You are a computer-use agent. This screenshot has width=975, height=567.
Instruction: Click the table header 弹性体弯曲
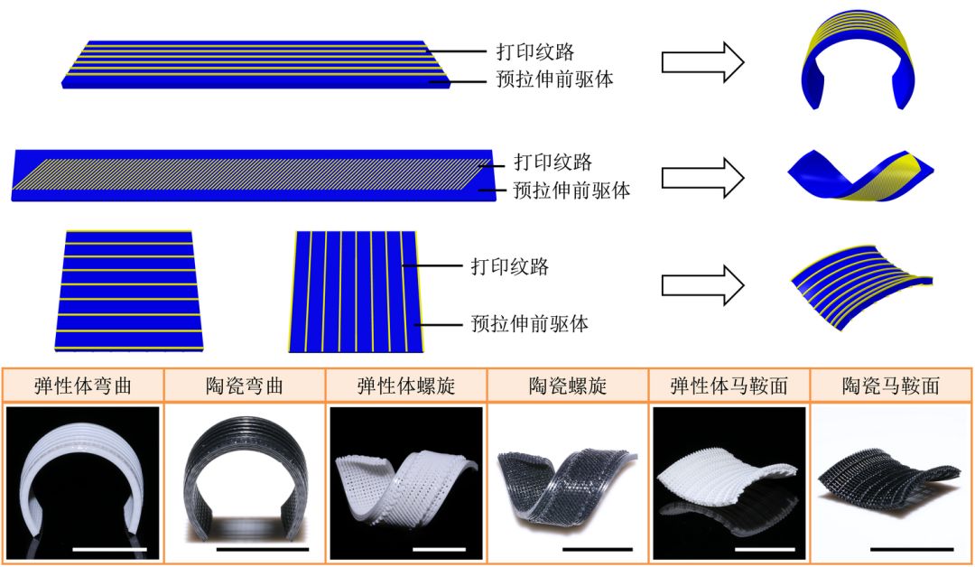pyautogui.click(x=83, y=386)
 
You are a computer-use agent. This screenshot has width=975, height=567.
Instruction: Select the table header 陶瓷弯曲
pyautogui.click(x=244, y=386)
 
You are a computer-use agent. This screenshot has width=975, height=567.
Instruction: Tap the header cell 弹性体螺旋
pyautogui.click(x=406, y=386)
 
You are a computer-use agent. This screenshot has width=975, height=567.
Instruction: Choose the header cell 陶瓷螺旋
pyautogui.click(x=568, y=386)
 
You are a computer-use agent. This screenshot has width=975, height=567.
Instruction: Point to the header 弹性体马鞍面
pyautogui.click(x=729, y=386)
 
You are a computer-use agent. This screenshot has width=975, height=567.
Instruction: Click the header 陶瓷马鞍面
pyautogui.click(x=891, y=386)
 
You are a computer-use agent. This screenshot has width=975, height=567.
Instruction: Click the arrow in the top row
pyautogui.click(x=702, y=62)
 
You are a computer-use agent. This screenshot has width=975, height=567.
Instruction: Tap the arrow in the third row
pyautogui.click(x=702, y=285)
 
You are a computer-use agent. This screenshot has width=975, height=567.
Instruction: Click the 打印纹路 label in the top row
pyautogui.click(x=535, y=51)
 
